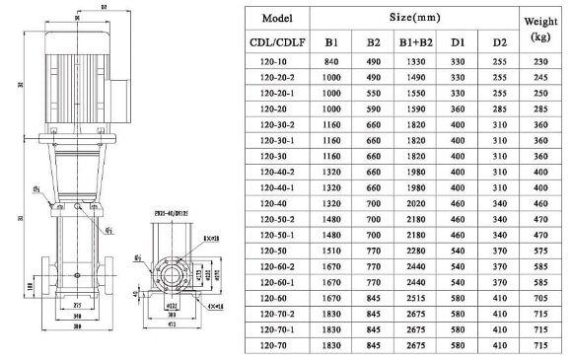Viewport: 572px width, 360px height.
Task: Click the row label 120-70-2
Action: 276,310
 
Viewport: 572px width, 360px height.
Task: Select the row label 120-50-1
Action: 276,236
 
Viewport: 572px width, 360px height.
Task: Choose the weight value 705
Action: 539,295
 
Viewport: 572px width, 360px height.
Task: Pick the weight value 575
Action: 539,251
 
